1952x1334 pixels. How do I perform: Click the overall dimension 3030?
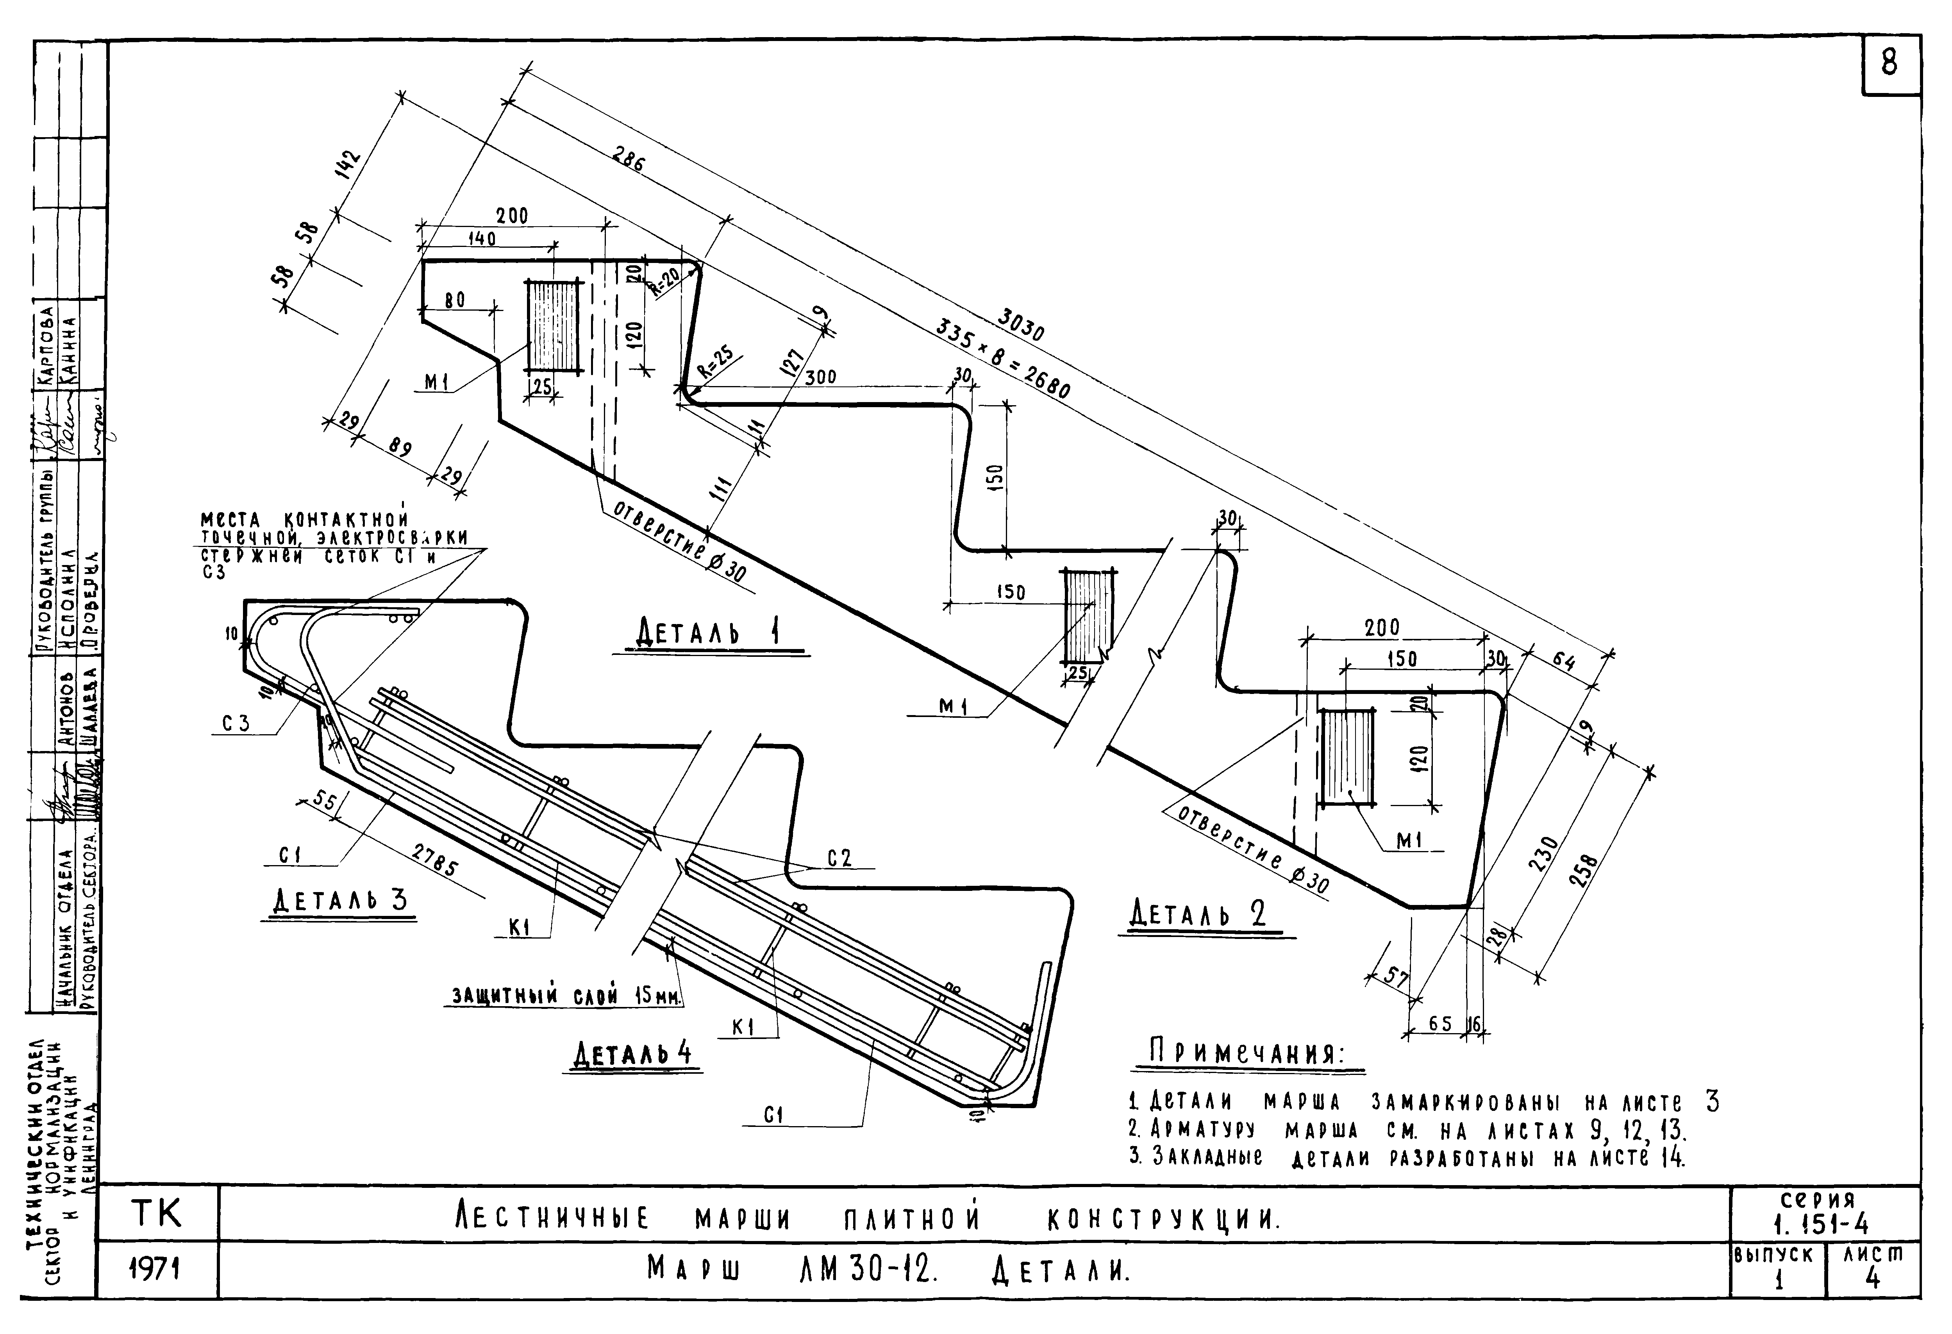click(1020, 326)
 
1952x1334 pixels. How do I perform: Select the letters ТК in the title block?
click(157, 1214)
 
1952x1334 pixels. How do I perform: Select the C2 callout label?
click(839, 858)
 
